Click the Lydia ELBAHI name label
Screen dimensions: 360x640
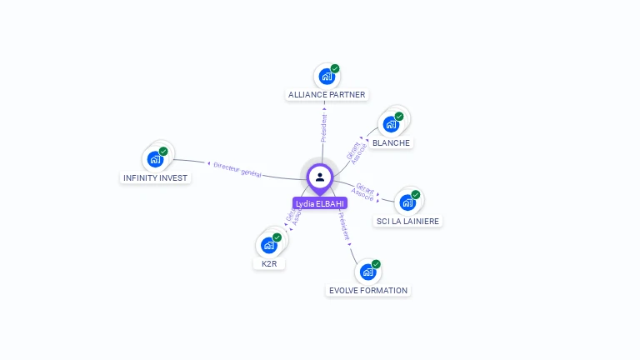point(320,203)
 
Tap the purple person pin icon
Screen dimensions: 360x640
point(320,177)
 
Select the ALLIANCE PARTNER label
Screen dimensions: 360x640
point(327,95)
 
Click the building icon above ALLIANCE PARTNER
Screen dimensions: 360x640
point(326,77)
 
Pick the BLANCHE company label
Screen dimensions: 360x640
point(391,142)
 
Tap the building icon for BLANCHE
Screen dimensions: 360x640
point(390,125)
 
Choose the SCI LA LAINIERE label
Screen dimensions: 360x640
point(408,221)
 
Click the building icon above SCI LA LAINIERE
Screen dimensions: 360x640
point(407,202)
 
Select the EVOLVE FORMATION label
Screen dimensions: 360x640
point(368,290)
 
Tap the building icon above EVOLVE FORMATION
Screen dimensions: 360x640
point(367,272)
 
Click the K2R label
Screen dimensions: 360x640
point(269,263)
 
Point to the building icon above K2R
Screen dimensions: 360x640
point(268,245)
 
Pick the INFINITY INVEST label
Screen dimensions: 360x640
point(156,177)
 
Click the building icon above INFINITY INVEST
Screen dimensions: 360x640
point(154,159)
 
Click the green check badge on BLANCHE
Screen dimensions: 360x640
point(399,117)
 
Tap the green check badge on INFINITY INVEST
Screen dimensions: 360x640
point(163,151)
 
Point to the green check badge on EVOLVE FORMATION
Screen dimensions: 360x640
point(376,263)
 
